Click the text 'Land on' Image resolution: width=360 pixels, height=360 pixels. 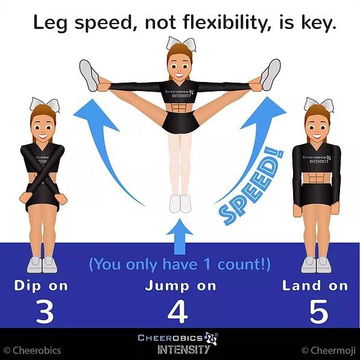click(315, 286)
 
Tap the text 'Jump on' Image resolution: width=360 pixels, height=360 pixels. click(180, 286)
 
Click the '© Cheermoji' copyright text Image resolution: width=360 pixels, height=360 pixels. click(329, 350)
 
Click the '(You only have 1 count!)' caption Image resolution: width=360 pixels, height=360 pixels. click(179, 264)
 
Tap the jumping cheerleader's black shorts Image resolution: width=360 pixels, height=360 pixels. click(180, 121)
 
